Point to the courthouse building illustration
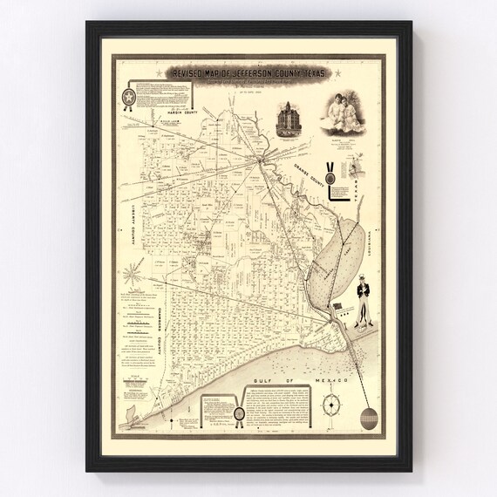point(290,119)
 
